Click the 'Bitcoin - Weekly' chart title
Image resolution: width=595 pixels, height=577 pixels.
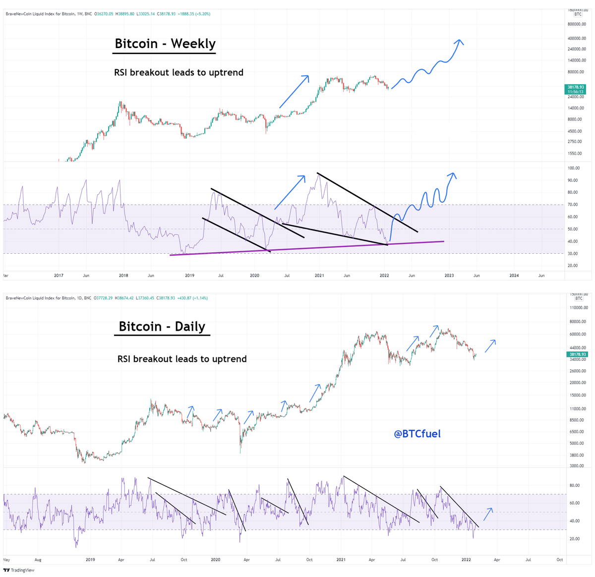tap(165, 44)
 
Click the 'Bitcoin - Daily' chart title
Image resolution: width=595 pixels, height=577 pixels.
tap(162, 327)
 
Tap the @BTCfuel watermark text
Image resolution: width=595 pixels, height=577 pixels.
tap(417, 434)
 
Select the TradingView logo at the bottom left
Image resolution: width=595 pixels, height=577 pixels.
tap(19, 570)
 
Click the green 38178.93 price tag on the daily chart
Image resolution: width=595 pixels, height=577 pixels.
tap(578, 354)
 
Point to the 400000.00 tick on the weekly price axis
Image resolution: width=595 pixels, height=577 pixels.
tap(577, 39)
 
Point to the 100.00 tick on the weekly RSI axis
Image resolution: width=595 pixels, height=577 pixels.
tap(574, 169)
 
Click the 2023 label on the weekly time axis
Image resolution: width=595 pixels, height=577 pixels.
tap(449, 276)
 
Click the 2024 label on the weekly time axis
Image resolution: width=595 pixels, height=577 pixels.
tap(514, 276)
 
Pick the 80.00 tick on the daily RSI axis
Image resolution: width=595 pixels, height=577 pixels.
tap(574, 485)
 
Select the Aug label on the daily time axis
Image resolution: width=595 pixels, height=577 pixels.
tap(38, 560)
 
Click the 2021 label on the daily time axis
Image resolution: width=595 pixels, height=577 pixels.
tap(341, 560)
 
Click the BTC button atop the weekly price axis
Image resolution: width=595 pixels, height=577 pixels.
tap(578, 14)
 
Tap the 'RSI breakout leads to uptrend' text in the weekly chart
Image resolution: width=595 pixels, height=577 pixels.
tap(178, 72)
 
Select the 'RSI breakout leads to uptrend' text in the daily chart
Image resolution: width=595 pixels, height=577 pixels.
tap(182, 359)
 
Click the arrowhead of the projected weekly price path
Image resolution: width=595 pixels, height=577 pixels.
tap(460, 41)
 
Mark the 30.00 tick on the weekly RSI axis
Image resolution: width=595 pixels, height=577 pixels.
tap(573, 254)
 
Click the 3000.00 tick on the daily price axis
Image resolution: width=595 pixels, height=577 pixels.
tap(576, 466)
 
